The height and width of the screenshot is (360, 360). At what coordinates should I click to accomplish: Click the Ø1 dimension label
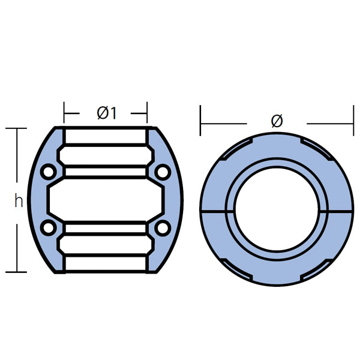[x=106, y=112]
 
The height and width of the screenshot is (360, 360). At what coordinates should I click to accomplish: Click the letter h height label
[x=19, y=202]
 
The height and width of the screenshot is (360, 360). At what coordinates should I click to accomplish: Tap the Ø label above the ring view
[x=277, y=122]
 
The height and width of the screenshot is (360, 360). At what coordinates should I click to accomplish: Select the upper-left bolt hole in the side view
[x=49, y=173]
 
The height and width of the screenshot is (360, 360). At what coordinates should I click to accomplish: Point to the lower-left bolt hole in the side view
[x=49, y=228]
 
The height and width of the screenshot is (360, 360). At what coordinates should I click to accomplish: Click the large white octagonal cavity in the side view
[x=106, y=200]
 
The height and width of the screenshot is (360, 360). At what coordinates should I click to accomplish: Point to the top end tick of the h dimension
[x=16, y=128]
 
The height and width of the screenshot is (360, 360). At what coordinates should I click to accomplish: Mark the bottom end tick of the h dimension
[x=16, y=272]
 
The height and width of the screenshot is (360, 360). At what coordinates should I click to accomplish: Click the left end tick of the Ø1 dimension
[x=64, y=112]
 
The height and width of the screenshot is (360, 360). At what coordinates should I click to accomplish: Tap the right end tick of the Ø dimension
[x=353, y=124]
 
